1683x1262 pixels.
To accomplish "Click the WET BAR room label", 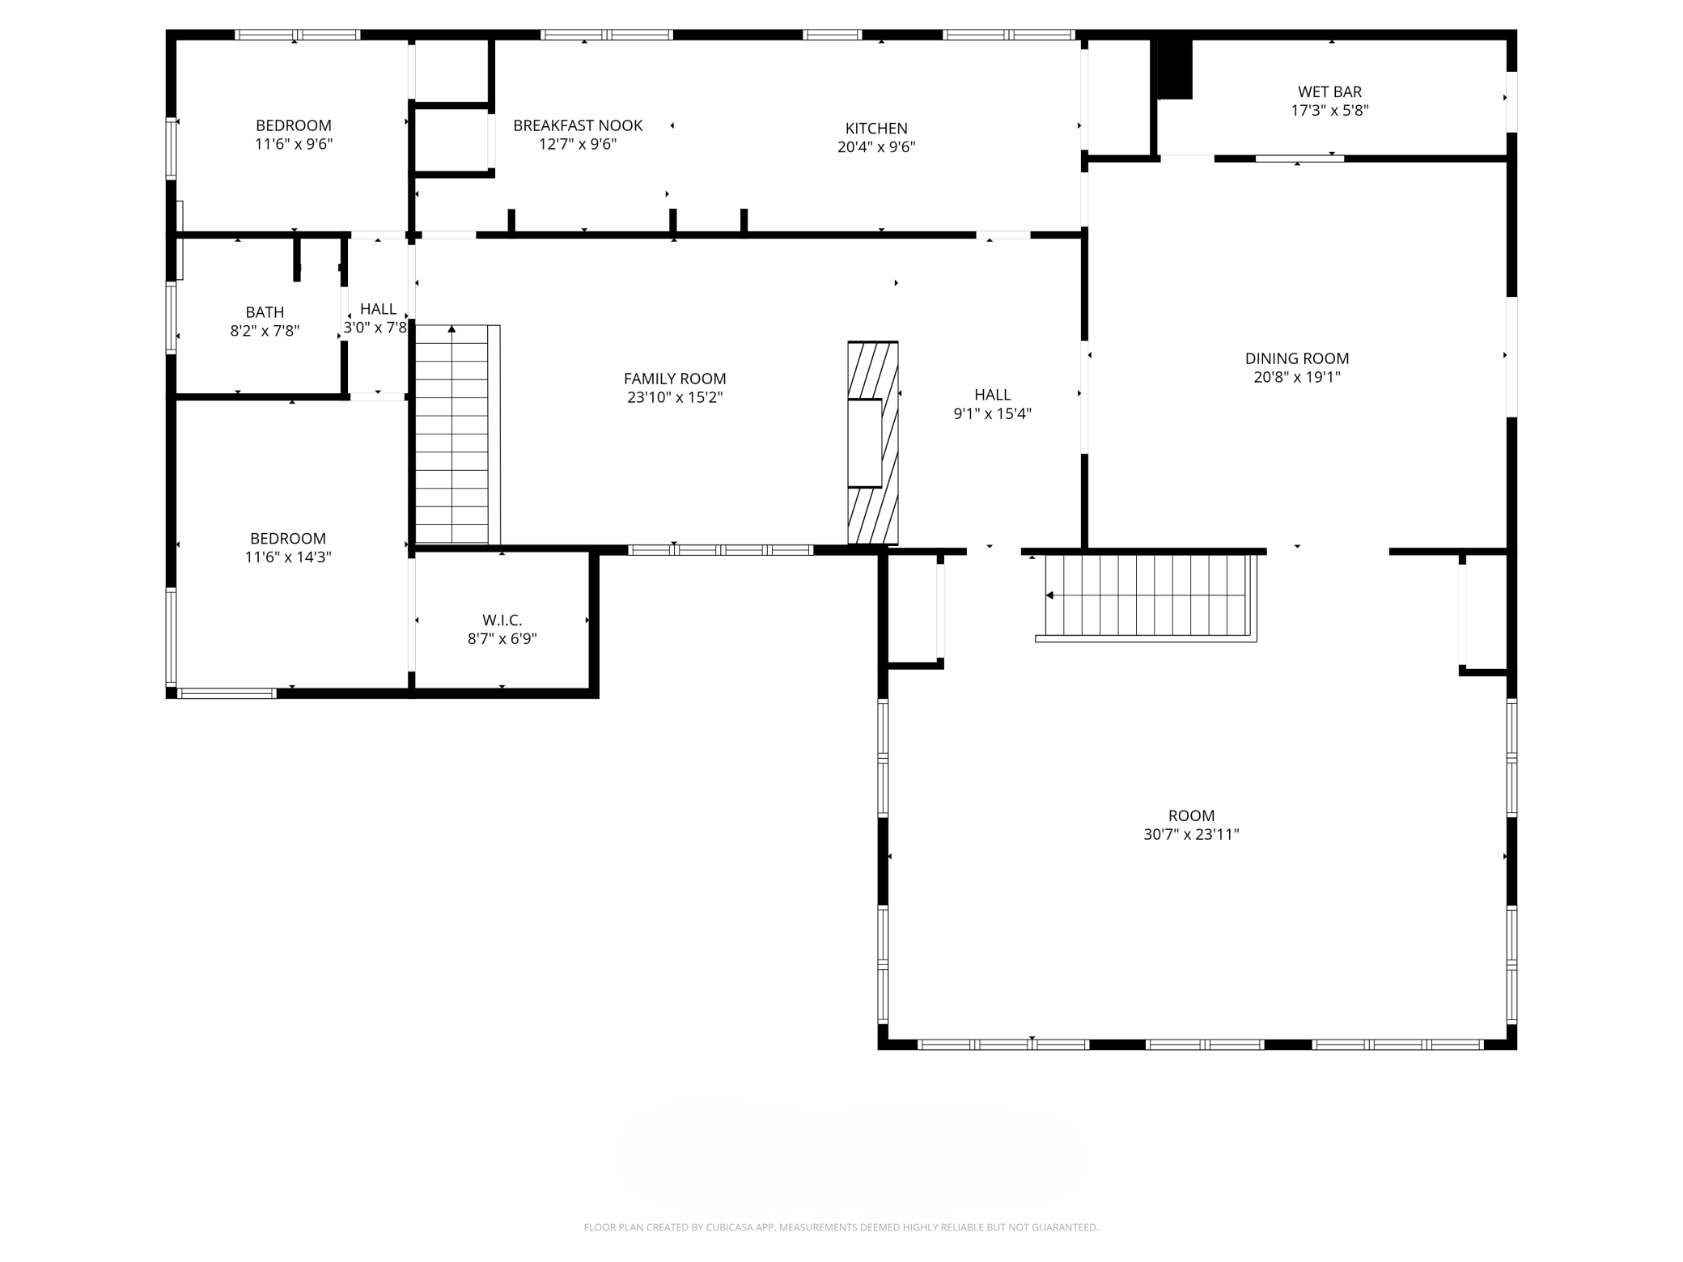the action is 1329,92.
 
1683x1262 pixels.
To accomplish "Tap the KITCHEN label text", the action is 876,129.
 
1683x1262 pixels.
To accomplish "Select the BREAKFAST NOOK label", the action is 578,125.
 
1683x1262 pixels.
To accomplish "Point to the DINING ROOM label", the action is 1297,358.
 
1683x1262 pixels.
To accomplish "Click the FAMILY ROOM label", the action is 675,379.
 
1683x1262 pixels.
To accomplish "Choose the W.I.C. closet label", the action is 502,620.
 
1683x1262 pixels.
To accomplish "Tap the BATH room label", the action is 265,312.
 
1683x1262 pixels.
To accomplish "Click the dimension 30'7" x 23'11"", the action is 1191,835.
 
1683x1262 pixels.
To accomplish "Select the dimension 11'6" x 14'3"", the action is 288,557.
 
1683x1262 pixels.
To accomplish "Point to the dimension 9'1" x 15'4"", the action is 993,414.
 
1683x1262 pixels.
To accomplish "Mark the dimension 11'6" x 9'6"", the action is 294,145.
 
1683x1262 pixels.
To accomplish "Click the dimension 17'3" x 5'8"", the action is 1329,111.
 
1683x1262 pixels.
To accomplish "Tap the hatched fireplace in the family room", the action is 873,443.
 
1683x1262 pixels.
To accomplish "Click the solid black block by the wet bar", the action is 1175,70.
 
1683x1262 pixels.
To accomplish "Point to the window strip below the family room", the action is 720,550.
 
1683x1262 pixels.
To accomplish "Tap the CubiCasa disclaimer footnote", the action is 841,1227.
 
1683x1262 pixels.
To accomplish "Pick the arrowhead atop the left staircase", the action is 451,328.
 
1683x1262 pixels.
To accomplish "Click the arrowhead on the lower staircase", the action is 1049,595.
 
